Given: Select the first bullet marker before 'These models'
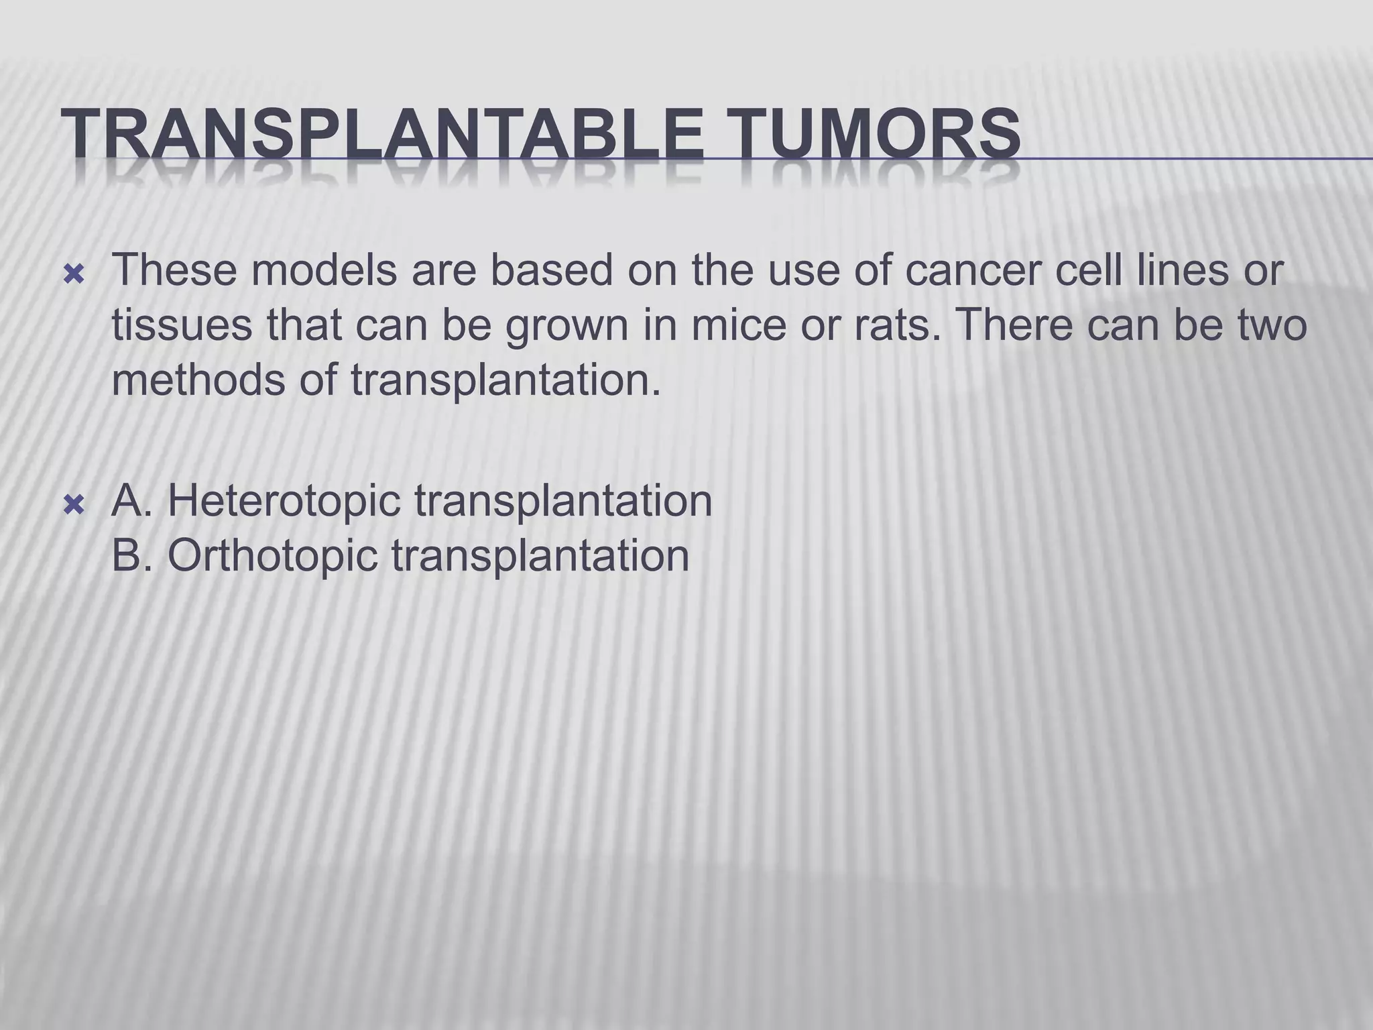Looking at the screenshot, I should [73, 274].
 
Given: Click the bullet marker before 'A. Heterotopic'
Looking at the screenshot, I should [73, 504].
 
